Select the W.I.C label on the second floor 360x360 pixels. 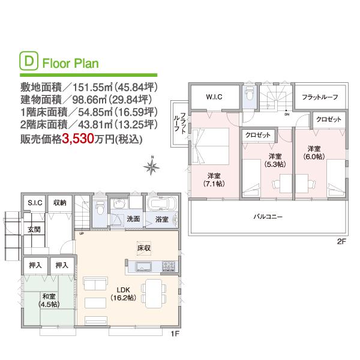coord(214,97)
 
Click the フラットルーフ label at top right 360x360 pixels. coord(320,97)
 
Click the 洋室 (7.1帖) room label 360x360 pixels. coord(214,179)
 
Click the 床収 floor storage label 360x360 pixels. coord(142,247)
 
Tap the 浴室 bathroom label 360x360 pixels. coord(161,220)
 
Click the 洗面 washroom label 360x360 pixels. coord(133,219)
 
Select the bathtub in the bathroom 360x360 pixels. coord(161,203)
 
